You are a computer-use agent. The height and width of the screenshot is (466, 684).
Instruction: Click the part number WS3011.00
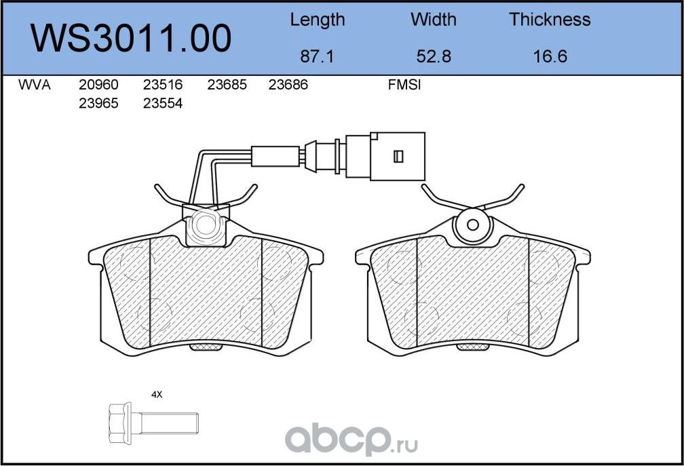click(132, 38)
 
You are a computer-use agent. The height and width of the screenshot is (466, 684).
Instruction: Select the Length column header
click(317, 20)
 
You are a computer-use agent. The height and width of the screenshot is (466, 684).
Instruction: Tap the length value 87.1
click(317, 56)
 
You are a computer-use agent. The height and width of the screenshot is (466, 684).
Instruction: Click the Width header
click(434, 20)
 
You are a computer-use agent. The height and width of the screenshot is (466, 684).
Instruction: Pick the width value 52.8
click(434, 56)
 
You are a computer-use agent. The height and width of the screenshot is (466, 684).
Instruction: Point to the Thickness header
click(550, 20)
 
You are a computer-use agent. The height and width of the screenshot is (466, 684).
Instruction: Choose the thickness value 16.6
click(550, 56)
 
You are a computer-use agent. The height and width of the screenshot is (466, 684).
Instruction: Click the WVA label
click(34, 85)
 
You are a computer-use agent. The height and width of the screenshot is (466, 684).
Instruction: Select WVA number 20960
click(98, 85)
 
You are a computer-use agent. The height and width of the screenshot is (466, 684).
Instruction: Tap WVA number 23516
click(163, 85)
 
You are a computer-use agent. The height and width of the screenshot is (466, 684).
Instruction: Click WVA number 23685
click(227, 85)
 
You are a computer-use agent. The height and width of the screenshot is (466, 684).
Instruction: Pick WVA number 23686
click(288, 85)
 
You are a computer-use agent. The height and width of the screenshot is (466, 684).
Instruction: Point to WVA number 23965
click(98, 104)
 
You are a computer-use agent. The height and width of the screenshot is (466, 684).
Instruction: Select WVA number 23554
click(163, 104)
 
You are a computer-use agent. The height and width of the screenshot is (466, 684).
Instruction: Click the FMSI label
click(404, 85)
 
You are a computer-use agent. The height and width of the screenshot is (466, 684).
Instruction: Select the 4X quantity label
click(157, 394)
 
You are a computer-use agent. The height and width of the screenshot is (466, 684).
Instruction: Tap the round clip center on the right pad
click(473, 227)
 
